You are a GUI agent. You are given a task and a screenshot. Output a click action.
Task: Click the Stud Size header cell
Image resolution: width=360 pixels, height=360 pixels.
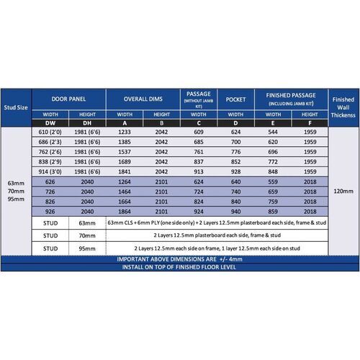click(16, 107)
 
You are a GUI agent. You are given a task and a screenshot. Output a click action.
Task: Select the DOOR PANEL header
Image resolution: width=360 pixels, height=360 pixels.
click(69, 99)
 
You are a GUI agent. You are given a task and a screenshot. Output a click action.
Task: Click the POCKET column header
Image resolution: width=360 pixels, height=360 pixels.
click(236, 99)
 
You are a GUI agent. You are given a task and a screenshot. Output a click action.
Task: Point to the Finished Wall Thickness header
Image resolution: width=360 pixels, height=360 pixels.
click(343, 107)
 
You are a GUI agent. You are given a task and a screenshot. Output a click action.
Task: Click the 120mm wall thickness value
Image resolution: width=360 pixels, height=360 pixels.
click(343, 192)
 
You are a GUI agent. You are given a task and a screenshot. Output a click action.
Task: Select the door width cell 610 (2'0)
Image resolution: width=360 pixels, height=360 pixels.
click(50, 133)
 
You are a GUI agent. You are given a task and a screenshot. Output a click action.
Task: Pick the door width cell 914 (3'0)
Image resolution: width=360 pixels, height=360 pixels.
click(50, 173)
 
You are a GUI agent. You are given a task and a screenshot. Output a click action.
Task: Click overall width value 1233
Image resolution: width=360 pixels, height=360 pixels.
click(124, 133)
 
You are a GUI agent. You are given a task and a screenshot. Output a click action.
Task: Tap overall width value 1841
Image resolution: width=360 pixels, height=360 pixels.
click(124, 173)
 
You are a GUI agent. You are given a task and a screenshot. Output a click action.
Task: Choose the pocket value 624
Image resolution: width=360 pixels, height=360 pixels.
click(236, 133)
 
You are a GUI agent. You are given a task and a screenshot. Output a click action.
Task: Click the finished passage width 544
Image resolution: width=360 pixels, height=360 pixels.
click(272, 133)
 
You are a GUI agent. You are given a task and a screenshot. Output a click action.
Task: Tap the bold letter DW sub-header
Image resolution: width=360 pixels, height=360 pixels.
click(50, 123)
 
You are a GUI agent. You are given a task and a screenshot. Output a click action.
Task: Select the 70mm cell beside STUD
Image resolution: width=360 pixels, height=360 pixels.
click(87, 235)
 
